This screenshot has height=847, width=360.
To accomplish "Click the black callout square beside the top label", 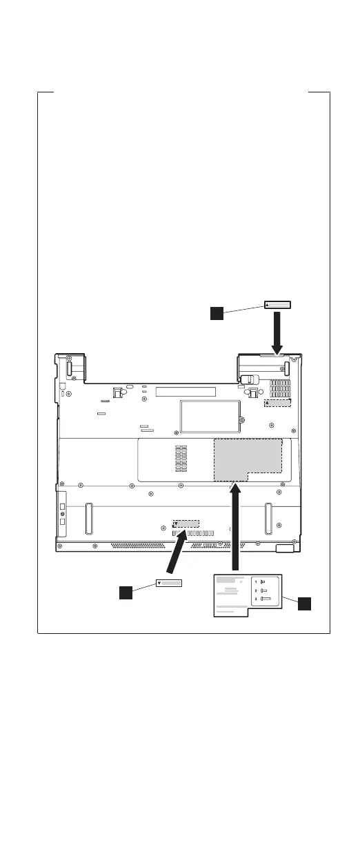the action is (x=217, y=313).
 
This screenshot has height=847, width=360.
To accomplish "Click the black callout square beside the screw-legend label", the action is (x=304, y=604).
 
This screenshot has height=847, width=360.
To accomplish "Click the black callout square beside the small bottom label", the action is (x=126, y=592).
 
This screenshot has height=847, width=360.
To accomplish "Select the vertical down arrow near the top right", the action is (x=277, y=334).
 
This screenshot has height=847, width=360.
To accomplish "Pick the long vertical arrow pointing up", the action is (x=235, y=527).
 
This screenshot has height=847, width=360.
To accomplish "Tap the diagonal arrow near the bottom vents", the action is (x=177, y=552).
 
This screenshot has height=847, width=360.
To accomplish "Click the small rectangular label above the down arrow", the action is (x=277, y=305).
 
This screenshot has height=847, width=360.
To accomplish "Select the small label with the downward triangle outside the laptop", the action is (x=169, y=583).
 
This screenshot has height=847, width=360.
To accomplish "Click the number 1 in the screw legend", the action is (x=256, y=582).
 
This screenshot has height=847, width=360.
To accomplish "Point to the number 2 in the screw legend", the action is (x=256, y=590).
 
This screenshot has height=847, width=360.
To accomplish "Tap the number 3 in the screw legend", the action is (x=256, y=599).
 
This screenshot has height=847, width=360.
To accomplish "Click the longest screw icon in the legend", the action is (x=266, y=599).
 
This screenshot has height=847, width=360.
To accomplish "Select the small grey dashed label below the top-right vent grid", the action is (x=277, y=403).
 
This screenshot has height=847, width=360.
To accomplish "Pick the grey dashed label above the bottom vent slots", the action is (x=186, y=524).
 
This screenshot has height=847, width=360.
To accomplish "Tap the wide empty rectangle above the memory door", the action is (x=186, y=392).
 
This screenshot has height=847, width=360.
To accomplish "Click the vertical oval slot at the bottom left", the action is (x=89, y=519).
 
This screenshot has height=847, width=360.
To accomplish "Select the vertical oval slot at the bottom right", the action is (x=268, y=519).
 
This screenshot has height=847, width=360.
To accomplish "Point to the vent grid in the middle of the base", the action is (x=181, y=458).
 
